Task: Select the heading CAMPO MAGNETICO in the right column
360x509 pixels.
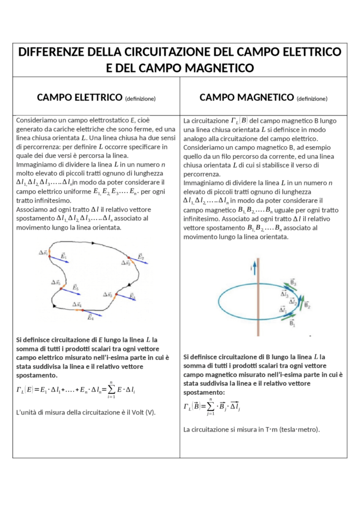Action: pyautogui.click(x=246, y=97)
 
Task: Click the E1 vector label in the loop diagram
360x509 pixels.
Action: pyautogui.click(x=64, y=255)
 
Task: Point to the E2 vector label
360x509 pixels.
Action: pyautogui.click(x=141, y=256)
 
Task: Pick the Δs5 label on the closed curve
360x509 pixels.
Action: pyautogui.click(x=56, y=282)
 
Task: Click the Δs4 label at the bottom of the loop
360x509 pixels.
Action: pyautogui.click(x=77, y=304)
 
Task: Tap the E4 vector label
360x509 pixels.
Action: pyautogui.click(x=90, y=317)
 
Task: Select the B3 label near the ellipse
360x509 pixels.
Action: pyautogui.click(x=293, y=283)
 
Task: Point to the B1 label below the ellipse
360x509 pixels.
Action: pyautogui.click(x=292, y=324)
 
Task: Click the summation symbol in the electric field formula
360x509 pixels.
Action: pyautogui.click(x=111, y=390)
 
